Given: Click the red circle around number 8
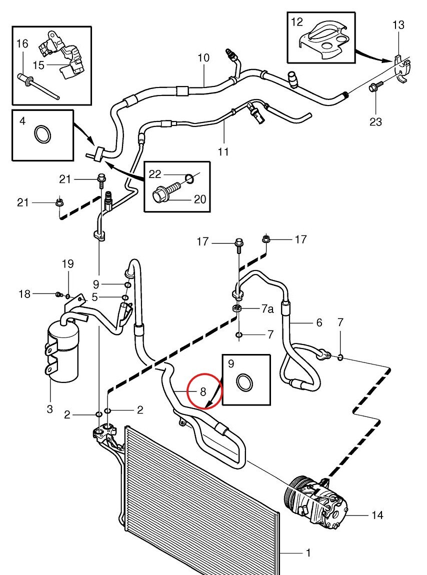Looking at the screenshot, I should (203, 391).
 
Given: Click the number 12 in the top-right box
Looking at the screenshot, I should (297, 21).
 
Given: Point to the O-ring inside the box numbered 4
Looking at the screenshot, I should (42, 135).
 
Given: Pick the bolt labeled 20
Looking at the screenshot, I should (165, 190).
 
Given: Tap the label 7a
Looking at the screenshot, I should (267, 310).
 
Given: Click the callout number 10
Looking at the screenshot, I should (203, 58).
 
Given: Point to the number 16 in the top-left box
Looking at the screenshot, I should (22, 44).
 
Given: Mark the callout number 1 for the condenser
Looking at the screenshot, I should (308, 553).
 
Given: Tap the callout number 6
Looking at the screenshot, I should (318, 323).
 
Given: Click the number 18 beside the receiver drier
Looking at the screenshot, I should (24, 294).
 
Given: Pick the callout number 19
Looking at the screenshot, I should (67, 263).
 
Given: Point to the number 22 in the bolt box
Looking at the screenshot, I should (155, 173).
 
